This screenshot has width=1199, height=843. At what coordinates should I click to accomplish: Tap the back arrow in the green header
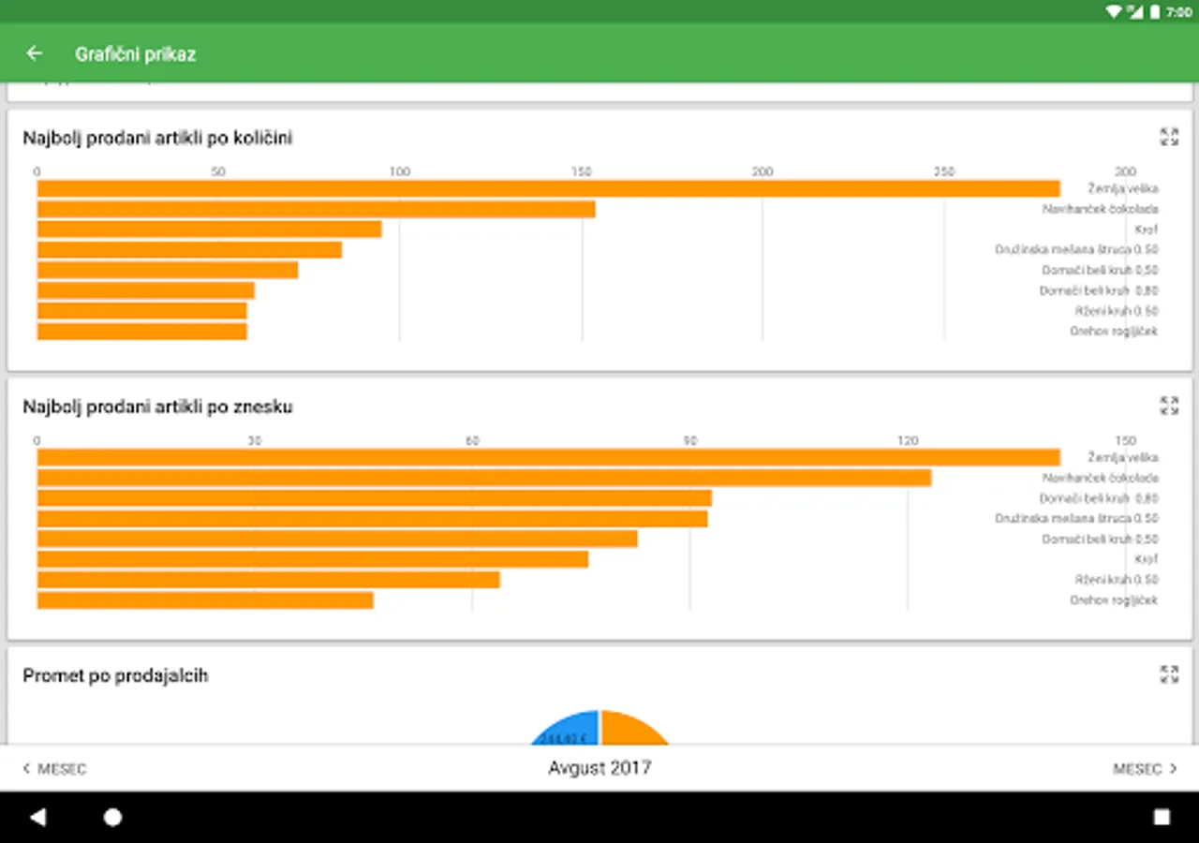35,53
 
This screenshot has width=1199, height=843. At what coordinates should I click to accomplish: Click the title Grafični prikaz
135,54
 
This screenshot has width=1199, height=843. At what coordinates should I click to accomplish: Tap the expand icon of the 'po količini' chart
1169,137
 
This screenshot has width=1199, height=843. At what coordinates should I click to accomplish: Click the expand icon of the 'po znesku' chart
1169,406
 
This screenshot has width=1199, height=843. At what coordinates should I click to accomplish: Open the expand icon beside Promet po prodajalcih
1169,674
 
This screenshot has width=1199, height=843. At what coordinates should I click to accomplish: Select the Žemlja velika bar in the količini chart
548,189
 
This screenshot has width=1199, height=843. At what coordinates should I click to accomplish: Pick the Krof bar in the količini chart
209,229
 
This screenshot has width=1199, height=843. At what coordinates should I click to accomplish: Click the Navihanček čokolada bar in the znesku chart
483,478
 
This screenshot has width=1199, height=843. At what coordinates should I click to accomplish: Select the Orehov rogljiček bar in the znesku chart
205,600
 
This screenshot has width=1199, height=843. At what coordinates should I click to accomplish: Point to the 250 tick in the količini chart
944,171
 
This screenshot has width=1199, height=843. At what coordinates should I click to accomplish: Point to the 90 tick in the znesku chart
690,440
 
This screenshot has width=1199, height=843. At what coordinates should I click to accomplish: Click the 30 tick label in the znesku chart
254,440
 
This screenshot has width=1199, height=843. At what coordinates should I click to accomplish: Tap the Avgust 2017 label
599,768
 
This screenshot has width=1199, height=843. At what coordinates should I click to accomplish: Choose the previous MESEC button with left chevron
55,769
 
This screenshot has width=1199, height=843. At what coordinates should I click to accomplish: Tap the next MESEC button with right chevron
1144,769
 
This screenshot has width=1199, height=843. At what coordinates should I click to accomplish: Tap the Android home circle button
112,818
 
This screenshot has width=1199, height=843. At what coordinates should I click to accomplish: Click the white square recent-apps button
1162,818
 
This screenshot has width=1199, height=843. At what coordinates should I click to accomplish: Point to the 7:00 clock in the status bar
1178,12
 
